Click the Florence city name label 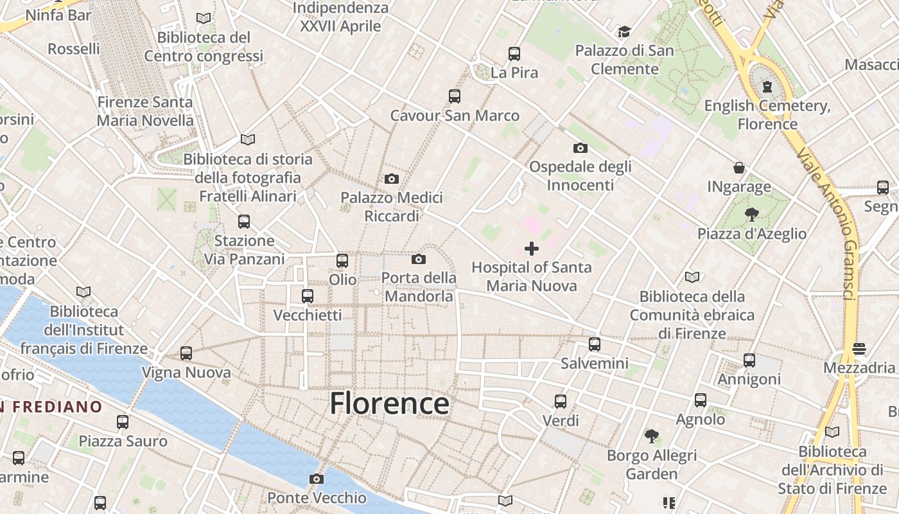pos(389,403)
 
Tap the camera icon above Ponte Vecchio pos(316,479)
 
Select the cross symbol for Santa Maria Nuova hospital pos(532,248)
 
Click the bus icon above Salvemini pos(595,344)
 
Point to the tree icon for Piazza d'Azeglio pos(751,215)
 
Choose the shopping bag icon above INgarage pos(739,168)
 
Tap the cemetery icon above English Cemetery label pos(767,87)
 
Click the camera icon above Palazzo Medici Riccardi pos(391,179)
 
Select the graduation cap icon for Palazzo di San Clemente pos(624,31)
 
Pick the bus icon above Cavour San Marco pos(455,96)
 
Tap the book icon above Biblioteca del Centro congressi pos(204,19)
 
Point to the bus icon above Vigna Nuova pos(186,353)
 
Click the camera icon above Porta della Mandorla pos(419,259)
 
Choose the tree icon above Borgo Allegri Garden pos(652,436)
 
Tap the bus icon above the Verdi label pos(561,402)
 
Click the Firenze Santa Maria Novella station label pos(145,111)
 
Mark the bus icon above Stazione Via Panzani pos(244,222)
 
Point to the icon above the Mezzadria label pos(859,348)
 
